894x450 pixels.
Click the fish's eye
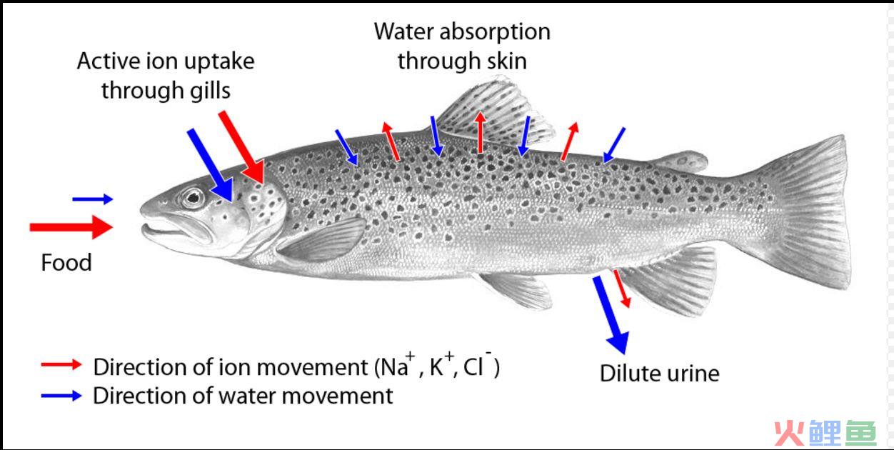pyautogui.click(x=194, y=198)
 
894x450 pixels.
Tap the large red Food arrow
pyautogui.click(x=71, y=227)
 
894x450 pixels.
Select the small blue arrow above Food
pyautogui.click(x=93, y=199)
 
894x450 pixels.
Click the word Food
pyautogui.click(x=66, y=263)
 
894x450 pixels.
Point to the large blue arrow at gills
pyautogui.click(x=210, y=165)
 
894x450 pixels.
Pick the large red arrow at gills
pyautogui.click(x=241, y=147)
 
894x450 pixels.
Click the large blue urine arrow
pyautogui.click(x=611, y=314)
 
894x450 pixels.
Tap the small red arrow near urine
pyautogui.click(x=622, y=289)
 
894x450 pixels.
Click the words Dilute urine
pyautogui.click(x=660, y=374)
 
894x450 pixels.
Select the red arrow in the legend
pyautogui.click(x=61, y=364)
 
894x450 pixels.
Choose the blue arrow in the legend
pyautogui.click(x=61, y=396)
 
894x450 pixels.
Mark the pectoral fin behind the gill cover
pyautogui.click(x=321, y=239)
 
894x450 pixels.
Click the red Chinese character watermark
pyautogui.click(x=790, y=433)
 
